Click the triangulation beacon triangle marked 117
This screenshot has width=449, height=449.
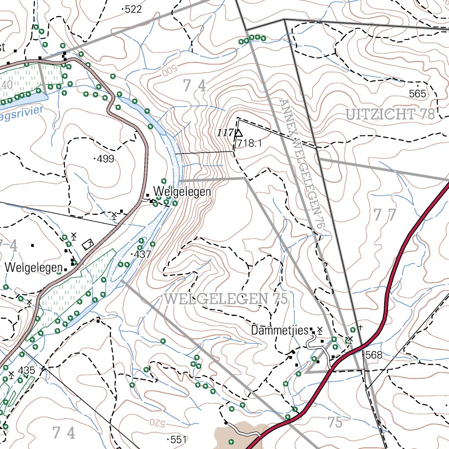pyautogui.click(x=239, y=132)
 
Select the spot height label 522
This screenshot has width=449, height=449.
pyautogui.click(x=133, y=10)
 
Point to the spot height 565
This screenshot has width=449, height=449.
pyautogui.click(x=417, y=93)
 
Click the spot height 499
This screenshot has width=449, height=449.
pyautogui.click(x=105, y=159)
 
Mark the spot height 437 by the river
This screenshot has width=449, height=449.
pyautogui.click(x=142, y=254)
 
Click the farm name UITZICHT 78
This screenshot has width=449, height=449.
pyautogui.click(x=390, y=115)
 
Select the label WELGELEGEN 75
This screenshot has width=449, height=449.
pyautogui.click(x=226, y=300)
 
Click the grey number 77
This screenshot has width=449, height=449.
pyautogui.click(x=385, y=215)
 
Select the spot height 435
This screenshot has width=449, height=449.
pyautogui.click(x=26, y=371)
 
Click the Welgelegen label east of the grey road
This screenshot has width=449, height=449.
pyautogui.click(x=182, y=192)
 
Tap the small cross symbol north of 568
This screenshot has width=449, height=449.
pyautogui.click(x=360, y=327)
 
